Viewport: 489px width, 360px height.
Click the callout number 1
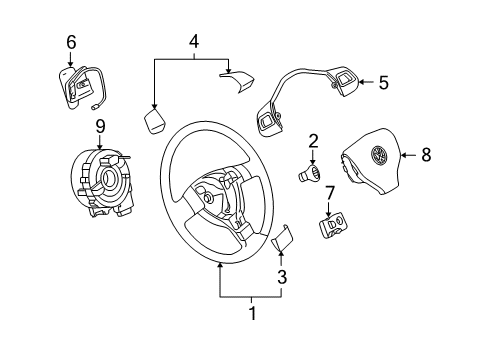(x=253, y=313)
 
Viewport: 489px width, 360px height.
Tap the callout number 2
(x=313, y=141)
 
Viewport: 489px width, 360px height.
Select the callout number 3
(x=282, y=277)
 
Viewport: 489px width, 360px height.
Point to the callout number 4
(x=194, y=42)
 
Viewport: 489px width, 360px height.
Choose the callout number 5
(x=384, y=82)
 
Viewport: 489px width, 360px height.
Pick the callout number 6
(x=71, y=42)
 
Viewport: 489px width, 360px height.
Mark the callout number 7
(x=329, y=193)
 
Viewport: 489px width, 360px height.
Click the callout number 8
(x=426, y=155)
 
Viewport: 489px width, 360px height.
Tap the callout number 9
(x=100, y=126)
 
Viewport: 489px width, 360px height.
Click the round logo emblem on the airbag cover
(x=379, y=155)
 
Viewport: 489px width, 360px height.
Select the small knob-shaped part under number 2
(x=309, y=173)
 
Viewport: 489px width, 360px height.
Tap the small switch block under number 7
(x=334, y=226)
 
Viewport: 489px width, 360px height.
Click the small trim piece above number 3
(x=283, y=237)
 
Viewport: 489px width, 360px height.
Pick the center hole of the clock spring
(x=109, y=177)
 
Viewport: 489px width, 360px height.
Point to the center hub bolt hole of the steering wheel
(x=208, y=198)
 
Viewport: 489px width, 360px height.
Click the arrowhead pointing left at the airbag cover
(x=403, y=155)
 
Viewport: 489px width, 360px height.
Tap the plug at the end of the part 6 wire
(x=94, y=107)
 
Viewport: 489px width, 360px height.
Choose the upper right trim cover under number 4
(x=237, y=81)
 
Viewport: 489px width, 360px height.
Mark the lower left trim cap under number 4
(x=155, y=120)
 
